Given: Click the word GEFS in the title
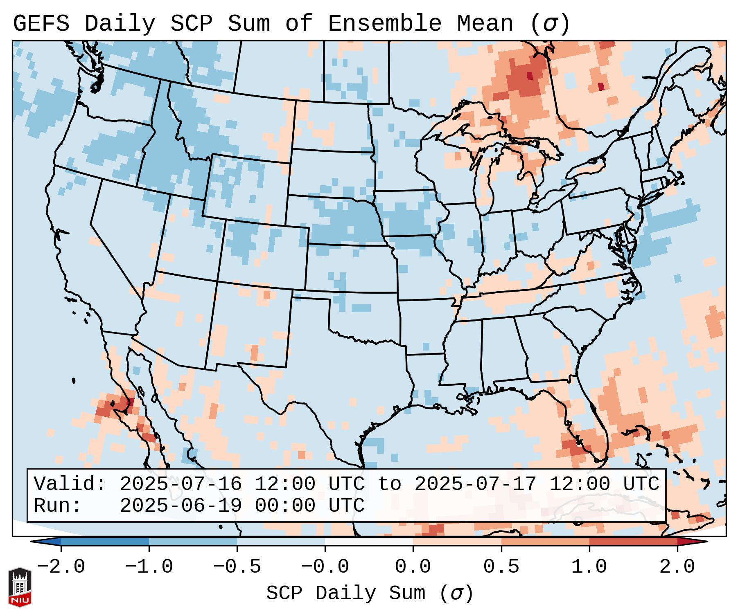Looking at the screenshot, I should [x=41, y=24].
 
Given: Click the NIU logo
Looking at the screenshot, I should [x=20, y=587].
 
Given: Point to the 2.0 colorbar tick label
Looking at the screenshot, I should [x=677, y=567].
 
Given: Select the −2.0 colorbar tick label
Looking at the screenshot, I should [x=61, y=567].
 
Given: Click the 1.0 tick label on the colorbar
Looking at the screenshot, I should [x=589, y=567].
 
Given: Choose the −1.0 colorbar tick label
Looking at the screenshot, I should [x=149, y=567].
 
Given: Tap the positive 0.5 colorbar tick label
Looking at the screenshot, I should [x=501, y=567].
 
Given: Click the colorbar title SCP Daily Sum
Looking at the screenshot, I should [x=346, y=594].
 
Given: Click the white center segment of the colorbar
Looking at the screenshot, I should [x=369, y=542].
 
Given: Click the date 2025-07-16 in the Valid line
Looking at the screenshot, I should [x=181, y=484].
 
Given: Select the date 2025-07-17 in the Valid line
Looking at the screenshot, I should [x=475, y=484].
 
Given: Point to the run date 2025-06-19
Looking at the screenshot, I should [x=181, y=506].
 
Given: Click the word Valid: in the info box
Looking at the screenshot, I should [x=70, y=484].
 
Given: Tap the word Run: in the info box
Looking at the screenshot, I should [x=58, y=506].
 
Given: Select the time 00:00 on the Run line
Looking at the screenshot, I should [x=285, y=506].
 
